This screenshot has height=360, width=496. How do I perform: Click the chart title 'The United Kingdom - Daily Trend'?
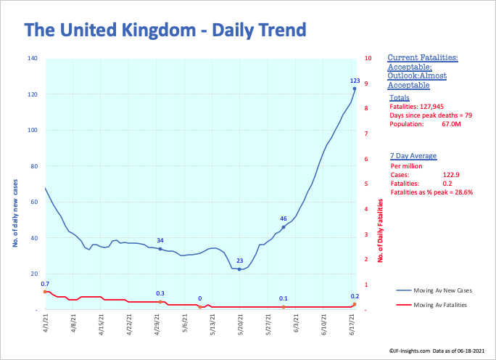click(165, 30)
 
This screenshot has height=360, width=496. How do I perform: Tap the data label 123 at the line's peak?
click(355, 81)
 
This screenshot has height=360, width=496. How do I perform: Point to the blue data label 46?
click(284, 218)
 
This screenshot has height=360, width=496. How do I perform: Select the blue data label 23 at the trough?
click(239, 260)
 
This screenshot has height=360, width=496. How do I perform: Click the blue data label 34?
click(160, 240)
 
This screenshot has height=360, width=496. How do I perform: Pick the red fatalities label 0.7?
click(45, 284)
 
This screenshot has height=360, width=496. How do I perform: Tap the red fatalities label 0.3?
click(160, 293)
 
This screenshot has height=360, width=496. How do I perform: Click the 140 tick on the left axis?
click(32, 58)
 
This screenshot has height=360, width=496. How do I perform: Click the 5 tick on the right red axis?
click(368, 184)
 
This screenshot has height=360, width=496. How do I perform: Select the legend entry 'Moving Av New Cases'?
click(434, 290)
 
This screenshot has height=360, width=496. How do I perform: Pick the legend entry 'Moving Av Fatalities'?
click(434, 305)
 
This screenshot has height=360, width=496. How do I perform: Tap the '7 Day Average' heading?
click(412, 155)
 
